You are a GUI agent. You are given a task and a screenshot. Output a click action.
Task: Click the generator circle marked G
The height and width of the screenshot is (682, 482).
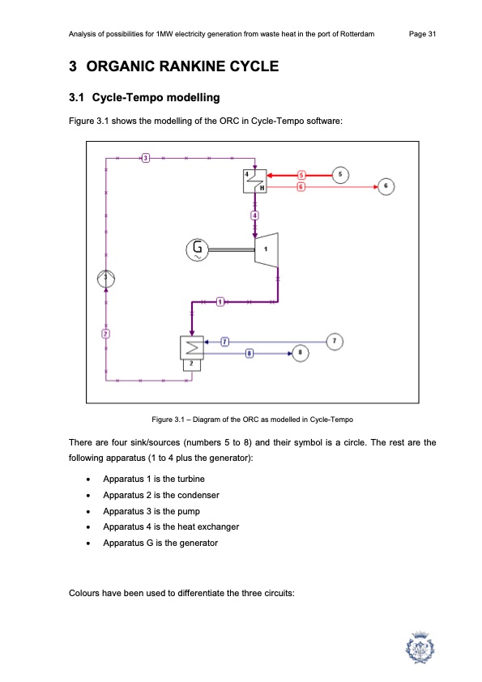click(197, 249)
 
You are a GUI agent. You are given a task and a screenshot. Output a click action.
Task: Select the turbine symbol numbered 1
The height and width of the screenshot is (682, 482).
click(267, 249)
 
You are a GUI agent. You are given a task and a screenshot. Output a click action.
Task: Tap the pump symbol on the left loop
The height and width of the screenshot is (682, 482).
click(105, 279)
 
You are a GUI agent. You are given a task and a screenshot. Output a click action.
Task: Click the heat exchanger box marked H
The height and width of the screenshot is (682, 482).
click(255, 181)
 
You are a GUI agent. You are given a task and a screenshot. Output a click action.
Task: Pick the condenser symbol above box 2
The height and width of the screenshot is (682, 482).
click(192, 348)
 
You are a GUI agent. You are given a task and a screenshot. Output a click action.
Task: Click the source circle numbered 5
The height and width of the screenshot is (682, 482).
click(340, 175)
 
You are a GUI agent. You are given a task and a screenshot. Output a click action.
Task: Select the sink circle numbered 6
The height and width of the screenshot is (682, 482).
click(386, 186)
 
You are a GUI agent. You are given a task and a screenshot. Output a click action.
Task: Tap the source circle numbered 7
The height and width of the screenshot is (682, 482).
click(335, 342)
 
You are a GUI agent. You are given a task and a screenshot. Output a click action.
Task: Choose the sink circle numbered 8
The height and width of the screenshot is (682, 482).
click(301, 352)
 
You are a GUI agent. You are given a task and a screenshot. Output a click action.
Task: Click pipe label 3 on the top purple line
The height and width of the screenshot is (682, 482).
click(146, 158)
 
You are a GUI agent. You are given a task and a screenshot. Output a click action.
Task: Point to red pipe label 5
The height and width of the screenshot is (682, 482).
click(301, 175)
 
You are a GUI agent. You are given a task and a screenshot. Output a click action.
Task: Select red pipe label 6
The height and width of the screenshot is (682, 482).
click(301, 187)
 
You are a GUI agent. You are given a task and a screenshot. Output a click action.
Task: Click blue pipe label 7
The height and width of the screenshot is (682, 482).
click(224, 342)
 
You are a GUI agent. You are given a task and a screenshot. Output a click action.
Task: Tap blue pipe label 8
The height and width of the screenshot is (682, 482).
click(250, 353)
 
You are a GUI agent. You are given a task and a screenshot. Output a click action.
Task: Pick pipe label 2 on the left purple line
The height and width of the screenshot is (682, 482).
click(105, 334)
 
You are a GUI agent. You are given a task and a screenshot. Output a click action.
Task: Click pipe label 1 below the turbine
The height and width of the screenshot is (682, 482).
click(220, 302)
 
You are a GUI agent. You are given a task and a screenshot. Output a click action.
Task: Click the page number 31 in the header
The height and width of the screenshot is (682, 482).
click(432, 34)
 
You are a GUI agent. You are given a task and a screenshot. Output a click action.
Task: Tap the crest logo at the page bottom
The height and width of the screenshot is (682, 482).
click(420, 647)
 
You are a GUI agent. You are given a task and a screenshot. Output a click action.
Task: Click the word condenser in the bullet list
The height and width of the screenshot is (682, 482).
click(198, 495)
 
